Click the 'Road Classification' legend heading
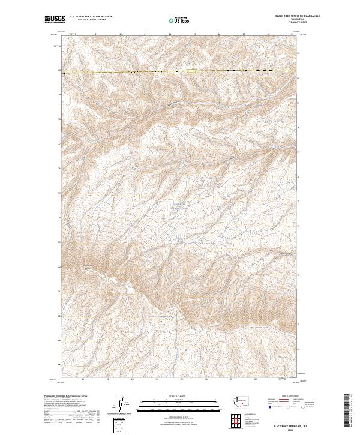[290, 395]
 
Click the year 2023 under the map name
[289, 429]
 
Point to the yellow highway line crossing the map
[180, 71]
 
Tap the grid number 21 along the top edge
[97, 34]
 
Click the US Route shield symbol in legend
[287, 406]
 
